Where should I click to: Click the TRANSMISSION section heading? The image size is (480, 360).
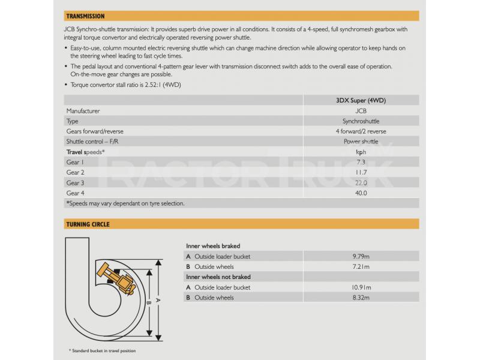coord(85,16)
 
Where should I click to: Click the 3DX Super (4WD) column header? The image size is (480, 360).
coord(361,100)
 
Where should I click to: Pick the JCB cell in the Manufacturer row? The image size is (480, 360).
coord(361,111)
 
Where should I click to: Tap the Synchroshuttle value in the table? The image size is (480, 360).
coord(361,121)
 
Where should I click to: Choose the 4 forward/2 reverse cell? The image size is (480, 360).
coord(361,131)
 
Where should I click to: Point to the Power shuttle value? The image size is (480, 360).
coord(361,142)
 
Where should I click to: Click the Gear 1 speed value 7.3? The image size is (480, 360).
coord(361,162)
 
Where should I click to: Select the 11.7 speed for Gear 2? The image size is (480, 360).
coord(361,172)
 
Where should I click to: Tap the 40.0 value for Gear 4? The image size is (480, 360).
coord(361,193)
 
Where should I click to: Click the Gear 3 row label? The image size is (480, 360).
coord(75,182)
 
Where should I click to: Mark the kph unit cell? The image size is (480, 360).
coord(361,152)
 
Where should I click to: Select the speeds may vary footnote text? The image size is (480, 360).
coord(125,203)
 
